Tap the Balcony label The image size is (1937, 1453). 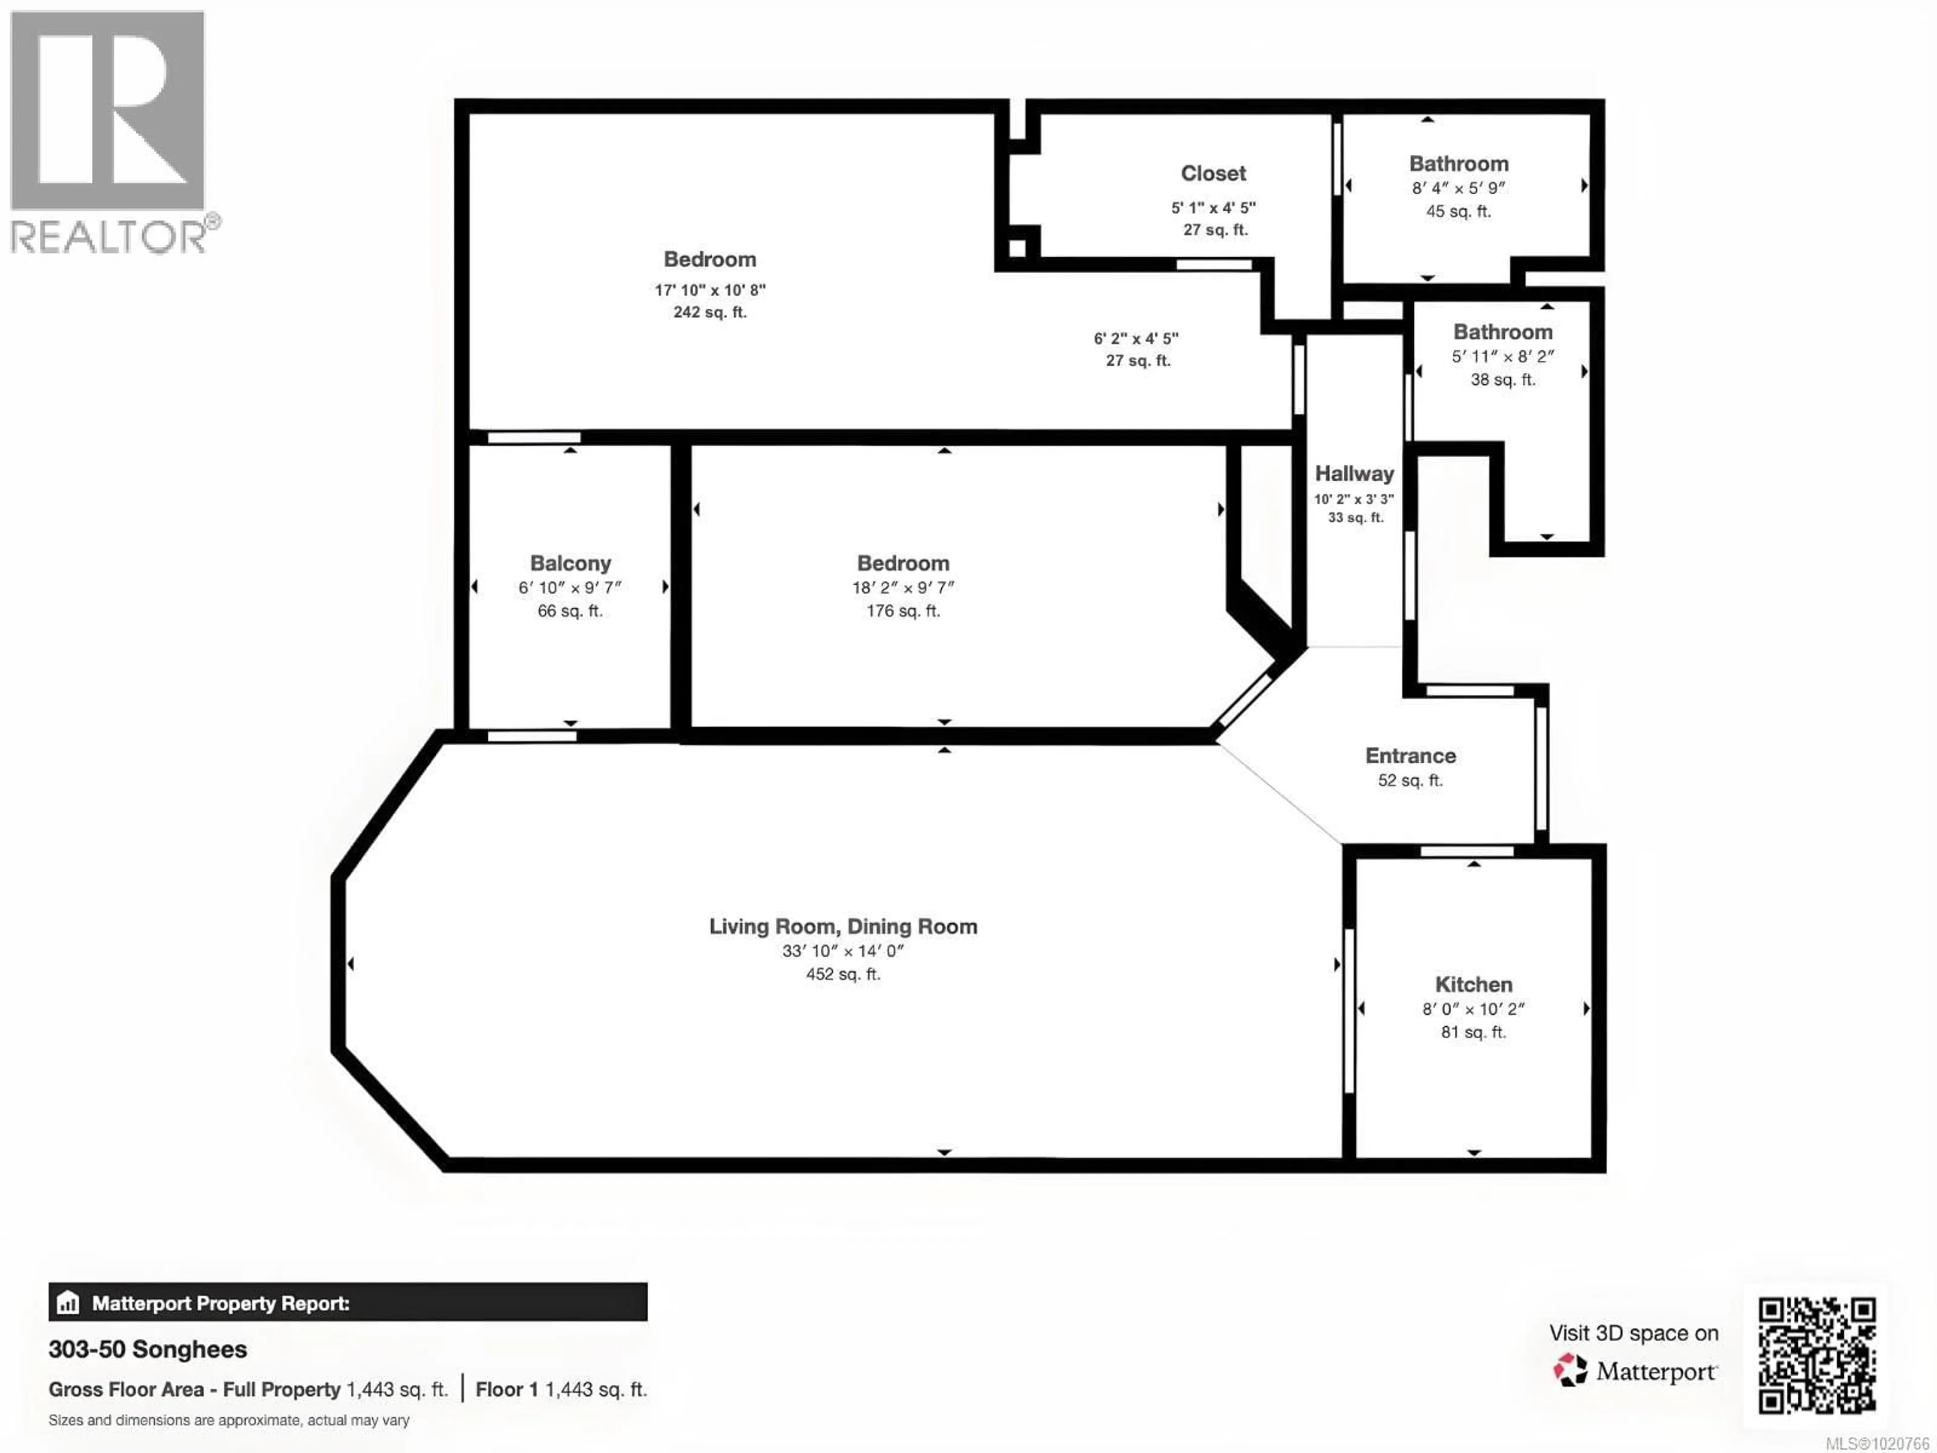570,563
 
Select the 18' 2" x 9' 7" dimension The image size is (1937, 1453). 903,588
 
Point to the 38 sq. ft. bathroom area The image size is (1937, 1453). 1503,380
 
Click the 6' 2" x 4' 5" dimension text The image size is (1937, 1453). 1136,338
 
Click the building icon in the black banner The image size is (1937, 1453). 68,1303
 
